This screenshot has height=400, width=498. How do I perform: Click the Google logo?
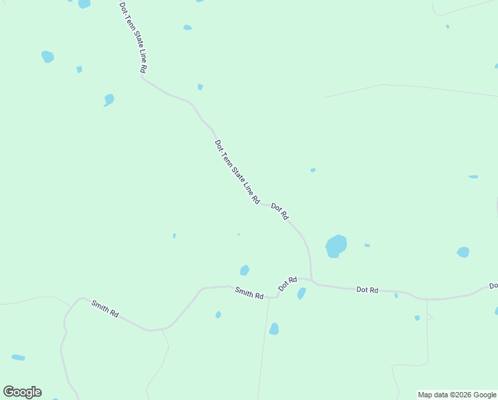pos(23,392)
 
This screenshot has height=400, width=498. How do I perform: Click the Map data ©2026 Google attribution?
pos(457,395)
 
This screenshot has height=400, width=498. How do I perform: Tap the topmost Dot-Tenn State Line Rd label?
pos(133,37)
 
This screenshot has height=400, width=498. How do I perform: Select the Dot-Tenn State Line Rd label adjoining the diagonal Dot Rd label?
pos(236,171)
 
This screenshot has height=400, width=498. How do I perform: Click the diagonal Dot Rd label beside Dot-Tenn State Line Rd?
pos(280,212)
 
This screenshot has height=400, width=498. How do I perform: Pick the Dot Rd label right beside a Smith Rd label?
pos(287,284)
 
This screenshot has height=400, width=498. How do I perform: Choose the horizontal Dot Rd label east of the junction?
pos(367,289)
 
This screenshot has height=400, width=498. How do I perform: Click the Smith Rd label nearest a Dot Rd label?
pos(249,292)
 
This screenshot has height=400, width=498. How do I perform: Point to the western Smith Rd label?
pos(105,309)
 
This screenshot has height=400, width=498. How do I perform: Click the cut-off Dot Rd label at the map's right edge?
pos(493,285)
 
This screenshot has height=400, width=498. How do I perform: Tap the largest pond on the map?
pos(336,246)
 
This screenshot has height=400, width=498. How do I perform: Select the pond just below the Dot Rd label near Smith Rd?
pos(302,293)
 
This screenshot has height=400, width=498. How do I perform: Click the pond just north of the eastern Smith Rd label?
pos(244,270)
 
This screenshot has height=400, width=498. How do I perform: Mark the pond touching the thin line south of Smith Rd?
pos(274,329)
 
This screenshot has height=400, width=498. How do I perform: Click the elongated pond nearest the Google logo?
pos(18,358)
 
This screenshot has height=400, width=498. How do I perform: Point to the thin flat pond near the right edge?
pos(473,177)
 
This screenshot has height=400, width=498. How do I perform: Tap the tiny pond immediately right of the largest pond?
pos(367,245)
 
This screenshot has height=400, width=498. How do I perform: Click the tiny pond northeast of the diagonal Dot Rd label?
pos(313,170)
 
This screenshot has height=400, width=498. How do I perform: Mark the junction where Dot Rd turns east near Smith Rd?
pos(312,281)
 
